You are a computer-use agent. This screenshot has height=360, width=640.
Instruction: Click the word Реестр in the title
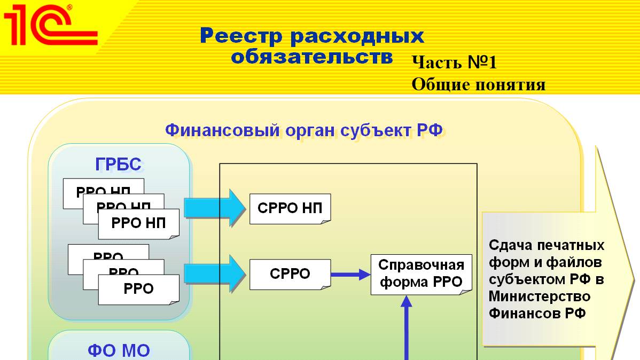pos(244,36)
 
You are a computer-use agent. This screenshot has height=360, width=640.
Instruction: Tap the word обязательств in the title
pos(312,56)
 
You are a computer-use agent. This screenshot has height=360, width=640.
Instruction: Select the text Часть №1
pos(454,62)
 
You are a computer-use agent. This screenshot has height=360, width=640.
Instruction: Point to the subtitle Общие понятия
pos(479,84)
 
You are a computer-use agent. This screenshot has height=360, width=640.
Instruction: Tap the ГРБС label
pos(119,165)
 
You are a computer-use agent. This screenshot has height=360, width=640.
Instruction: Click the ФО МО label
pos(119,350)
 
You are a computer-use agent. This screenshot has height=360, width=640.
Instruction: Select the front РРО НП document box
pos(138,223)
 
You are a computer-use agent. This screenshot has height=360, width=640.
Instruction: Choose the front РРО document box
pos(138,288)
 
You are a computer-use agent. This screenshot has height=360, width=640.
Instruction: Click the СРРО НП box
pos(290,208)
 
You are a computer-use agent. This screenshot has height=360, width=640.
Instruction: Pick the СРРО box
pos(290,274)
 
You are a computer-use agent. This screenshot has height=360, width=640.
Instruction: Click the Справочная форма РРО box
pos(421,274)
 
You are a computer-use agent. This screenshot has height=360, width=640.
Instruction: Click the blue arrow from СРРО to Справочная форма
pos(350,275)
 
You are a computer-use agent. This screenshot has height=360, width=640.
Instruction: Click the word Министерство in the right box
pos(540,296)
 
